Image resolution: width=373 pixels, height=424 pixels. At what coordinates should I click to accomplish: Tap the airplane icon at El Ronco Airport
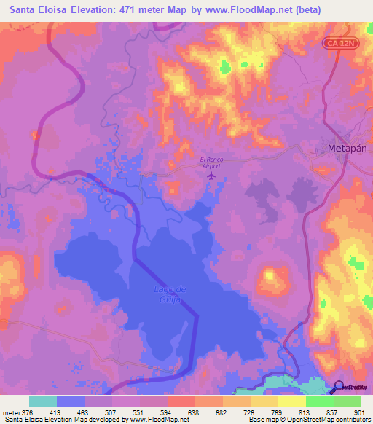[212, 175]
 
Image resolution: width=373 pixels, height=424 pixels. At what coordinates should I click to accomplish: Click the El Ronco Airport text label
[211, 162]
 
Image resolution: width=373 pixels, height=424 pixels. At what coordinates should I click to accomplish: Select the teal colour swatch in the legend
[43, 401]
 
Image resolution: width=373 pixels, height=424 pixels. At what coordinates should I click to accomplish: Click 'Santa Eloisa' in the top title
[36, 9]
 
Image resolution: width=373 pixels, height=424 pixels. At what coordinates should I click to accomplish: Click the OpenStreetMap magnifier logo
[339, 386]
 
